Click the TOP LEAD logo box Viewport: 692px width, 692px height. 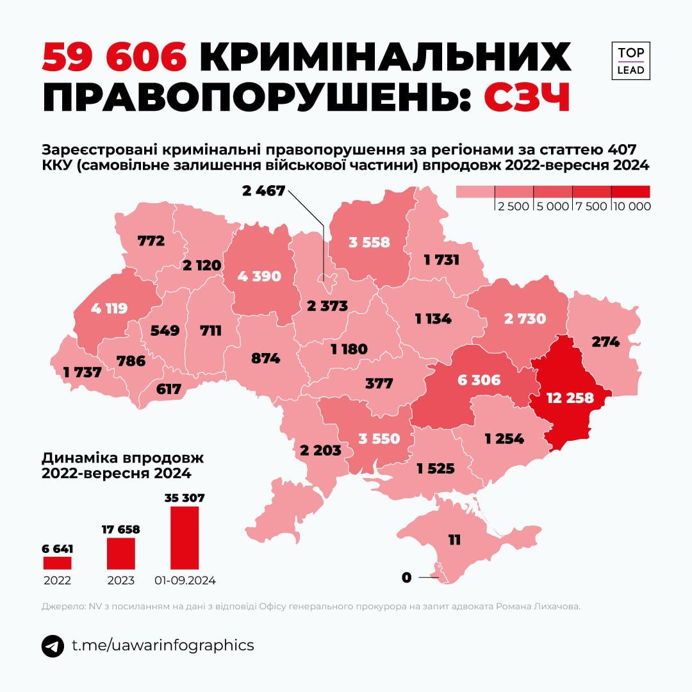630,61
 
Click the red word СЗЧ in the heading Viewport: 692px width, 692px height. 527,98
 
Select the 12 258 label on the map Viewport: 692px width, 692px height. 570,397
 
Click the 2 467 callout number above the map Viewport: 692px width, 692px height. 263,190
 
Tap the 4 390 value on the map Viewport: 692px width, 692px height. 259,276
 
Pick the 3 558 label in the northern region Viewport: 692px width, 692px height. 369,242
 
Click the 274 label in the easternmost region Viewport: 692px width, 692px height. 605,342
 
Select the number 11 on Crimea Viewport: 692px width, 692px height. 454,540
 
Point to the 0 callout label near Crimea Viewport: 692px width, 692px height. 406,578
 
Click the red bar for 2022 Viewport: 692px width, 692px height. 57,563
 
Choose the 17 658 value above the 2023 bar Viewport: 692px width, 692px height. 120,529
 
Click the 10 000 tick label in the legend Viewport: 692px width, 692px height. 631,206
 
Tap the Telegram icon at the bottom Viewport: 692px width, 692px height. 53,646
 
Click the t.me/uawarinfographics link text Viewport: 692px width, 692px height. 163,645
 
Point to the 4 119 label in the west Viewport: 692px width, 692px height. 108,308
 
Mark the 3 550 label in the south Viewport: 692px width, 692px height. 379,439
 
